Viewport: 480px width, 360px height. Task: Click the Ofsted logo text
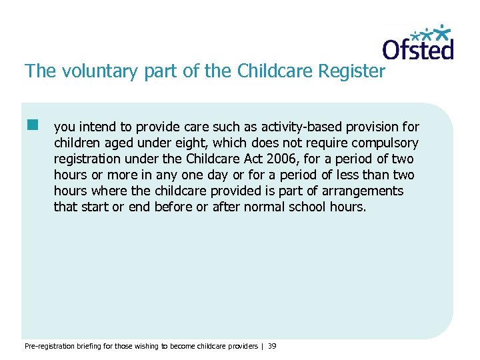click(417, 49)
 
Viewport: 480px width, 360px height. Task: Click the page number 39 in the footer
click(272, 346)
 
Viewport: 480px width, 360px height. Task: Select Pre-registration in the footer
click(47, 346)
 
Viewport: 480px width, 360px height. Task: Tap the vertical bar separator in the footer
click(263, 346)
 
